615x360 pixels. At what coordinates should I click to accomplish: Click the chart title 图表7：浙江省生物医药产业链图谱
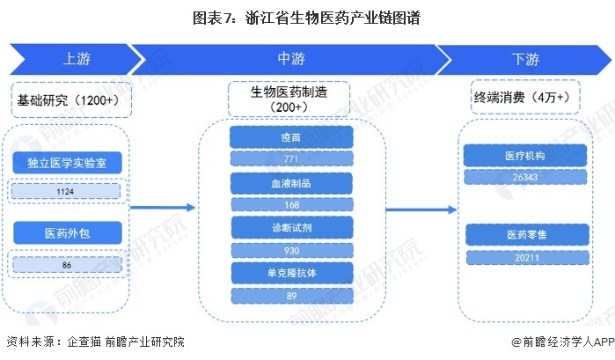pos(307,15)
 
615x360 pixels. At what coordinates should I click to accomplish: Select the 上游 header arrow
pos(75,60)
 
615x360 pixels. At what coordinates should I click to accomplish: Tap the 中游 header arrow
pos(291,60)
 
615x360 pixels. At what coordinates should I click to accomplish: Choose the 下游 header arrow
pos(525,60)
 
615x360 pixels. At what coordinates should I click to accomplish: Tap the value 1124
pos(67,191)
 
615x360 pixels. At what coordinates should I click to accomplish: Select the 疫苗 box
pos(291,137)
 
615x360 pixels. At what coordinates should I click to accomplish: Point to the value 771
pos(291,159)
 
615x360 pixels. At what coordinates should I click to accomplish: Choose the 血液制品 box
pos(291,183)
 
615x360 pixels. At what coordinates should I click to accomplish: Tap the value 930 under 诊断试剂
pos(291,251)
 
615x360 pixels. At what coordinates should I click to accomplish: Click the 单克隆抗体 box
pos(291,274)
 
